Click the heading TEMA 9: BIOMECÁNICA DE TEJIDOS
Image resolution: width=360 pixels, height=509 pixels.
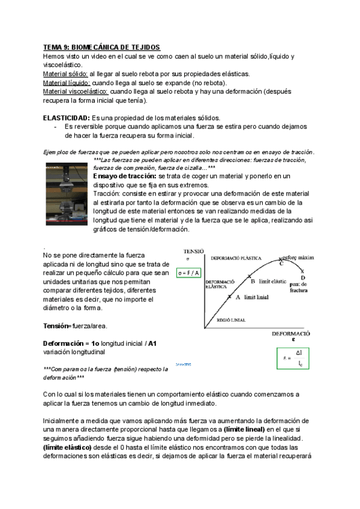pyautogui.click(x=101, y=47)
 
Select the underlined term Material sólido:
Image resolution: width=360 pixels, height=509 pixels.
pyautogui.click(x=65, y=74)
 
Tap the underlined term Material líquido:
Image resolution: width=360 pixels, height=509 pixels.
pyautogui.click(x=67, y=83)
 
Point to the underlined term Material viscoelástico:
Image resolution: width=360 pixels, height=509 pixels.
pyautogui.click(x=76, y=91)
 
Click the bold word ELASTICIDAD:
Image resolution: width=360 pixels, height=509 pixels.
pyautogui.click(x=67, y=118)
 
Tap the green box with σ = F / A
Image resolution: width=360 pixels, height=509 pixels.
pyautogui.click(x=189, y=273)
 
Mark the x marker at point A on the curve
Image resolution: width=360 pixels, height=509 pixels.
pyautogui.click(x=229, y=297)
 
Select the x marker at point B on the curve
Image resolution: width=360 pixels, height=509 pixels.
pyautogui.click(x=248, y=277)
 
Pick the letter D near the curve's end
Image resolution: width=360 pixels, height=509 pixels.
pyautogui.click(x=303, y=278)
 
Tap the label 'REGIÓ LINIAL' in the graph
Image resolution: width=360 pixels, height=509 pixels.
pyautogui.click(x=231, y=321)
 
